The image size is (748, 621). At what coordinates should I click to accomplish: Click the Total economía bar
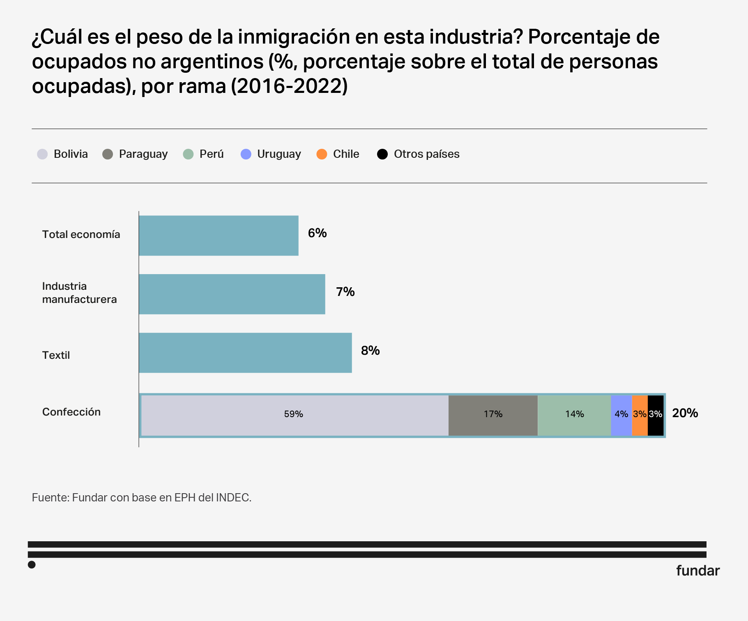(x=219, y=235)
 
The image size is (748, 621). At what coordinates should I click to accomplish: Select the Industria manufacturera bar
(x=232, y=294)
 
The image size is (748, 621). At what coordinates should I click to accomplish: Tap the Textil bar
(x=245, y=353)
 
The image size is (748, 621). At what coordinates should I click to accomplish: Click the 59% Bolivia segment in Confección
(x=294, y=414)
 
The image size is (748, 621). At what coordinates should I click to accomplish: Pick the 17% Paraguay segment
(x=493, y=414)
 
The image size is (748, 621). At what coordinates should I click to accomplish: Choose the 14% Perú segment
(x=574, y=414)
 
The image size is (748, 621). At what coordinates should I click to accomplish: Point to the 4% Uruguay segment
(x=621, y=414)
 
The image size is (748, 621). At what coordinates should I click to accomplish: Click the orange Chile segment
(x=640, y=414)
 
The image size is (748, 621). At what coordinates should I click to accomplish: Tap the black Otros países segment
(x=656, y=414)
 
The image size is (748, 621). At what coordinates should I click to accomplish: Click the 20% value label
(x=685, y=413)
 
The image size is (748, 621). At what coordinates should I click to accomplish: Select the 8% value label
(x=370, y=351)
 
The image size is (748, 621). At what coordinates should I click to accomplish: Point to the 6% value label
(x=317, y=233)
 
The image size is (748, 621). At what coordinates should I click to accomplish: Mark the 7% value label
(x=345, y=292)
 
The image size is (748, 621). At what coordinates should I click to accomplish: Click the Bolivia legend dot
(x=42, y=154)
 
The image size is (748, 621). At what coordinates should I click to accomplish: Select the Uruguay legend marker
(x=246, y=154)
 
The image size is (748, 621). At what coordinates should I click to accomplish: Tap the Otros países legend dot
(x=382, y=154)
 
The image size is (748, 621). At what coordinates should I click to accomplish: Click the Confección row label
(x=71, y=412)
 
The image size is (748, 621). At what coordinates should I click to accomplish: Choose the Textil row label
(x=56, y=355)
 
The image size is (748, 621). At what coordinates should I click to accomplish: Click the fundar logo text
(x=697, y=570)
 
